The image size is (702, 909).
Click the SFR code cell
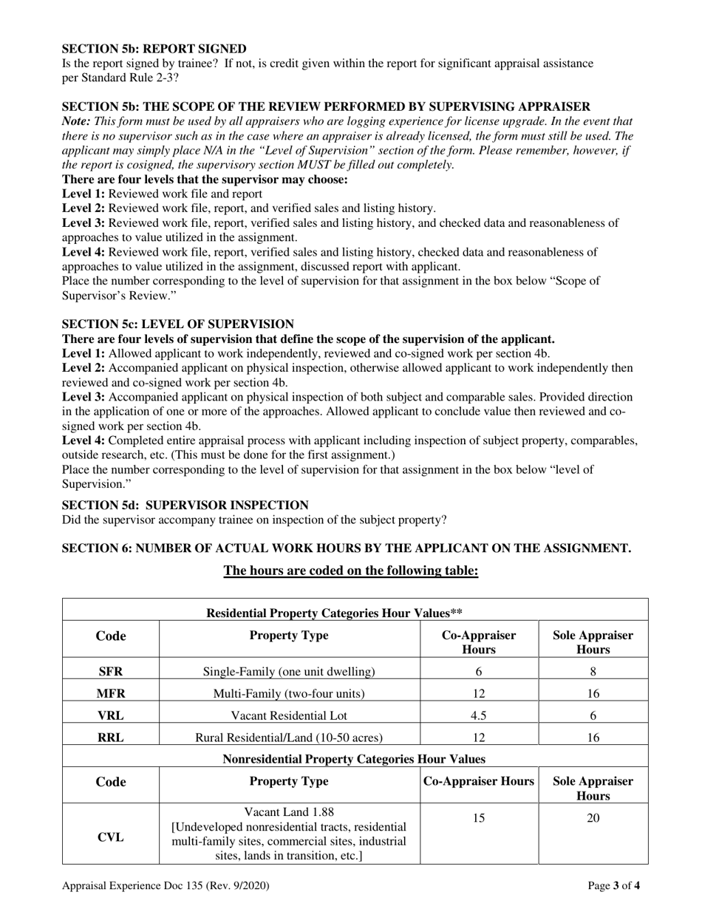(111, 672)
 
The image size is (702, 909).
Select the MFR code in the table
(111, 693)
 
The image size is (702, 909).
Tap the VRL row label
(111, 715)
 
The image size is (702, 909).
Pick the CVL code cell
(111, 837)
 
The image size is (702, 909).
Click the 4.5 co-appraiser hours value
(479, 715)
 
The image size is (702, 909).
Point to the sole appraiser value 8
(593, 672)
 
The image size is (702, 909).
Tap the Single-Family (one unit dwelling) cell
(289, 672)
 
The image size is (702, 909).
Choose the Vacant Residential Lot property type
(289, 715)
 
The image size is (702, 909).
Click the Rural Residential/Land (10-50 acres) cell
(289, 737)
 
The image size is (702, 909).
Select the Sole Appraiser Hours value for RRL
(593, 737)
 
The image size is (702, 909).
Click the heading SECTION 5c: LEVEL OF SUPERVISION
(177, 324)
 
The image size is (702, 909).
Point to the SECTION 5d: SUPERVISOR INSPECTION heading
(185, 505)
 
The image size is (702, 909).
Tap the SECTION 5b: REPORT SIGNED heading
(154, 48)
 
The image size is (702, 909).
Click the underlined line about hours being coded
(351, 571)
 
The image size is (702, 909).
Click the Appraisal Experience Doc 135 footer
(166, 885)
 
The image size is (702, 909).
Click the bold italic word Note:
(76, 120)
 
